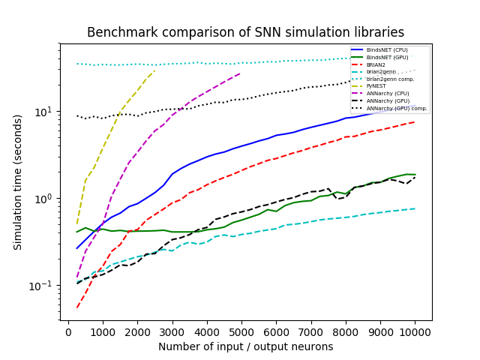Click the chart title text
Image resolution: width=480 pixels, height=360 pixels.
[245, 33]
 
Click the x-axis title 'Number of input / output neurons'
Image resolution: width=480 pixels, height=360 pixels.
[245, 346]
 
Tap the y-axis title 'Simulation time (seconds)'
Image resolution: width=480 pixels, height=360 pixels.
[18, 181]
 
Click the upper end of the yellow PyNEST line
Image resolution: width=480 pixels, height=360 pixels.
[155, 70]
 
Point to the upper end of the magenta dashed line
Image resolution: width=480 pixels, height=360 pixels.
[241, 73]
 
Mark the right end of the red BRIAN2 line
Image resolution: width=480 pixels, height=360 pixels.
[415, 121]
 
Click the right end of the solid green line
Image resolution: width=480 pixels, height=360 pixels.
[415, 175]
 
